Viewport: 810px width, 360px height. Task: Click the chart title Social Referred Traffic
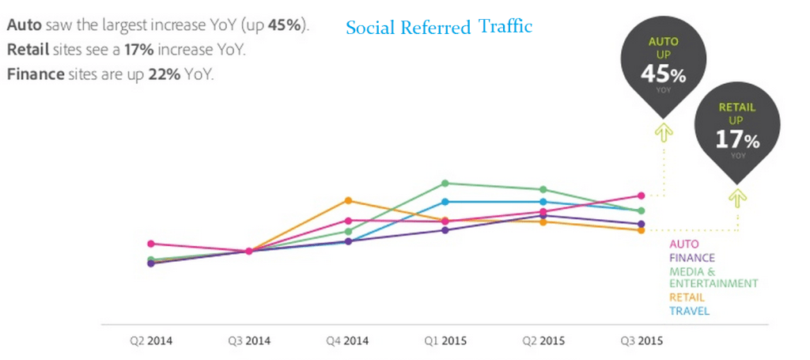(439, 27)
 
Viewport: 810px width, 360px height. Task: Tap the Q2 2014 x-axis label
(151, 342)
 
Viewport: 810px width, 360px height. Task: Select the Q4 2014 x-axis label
(347, 342)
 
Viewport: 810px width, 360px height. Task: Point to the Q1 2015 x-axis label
(445, 342)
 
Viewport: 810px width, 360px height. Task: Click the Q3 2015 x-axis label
(642, 342)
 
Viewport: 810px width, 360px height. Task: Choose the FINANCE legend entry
(692, 258)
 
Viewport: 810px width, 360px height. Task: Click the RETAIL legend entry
(687, 297)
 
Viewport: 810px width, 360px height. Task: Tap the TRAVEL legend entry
(689, 311)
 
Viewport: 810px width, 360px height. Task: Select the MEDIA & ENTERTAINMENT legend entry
(713, 277)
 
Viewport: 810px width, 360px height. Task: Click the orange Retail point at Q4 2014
(347, 200)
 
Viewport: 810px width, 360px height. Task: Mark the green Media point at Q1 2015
(445, 184)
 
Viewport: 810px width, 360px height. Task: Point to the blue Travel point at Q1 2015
(445, 202)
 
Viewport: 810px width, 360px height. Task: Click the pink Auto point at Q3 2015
(642, 195)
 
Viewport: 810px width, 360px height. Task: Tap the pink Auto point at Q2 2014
(151, 244)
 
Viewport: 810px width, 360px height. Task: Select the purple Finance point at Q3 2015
(642, 224)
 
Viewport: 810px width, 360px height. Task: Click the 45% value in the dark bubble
(663, 74)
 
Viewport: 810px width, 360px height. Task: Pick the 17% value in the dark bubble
(737, 140)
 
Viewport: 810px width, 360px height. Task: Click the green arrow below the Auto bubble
(663, 131)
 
